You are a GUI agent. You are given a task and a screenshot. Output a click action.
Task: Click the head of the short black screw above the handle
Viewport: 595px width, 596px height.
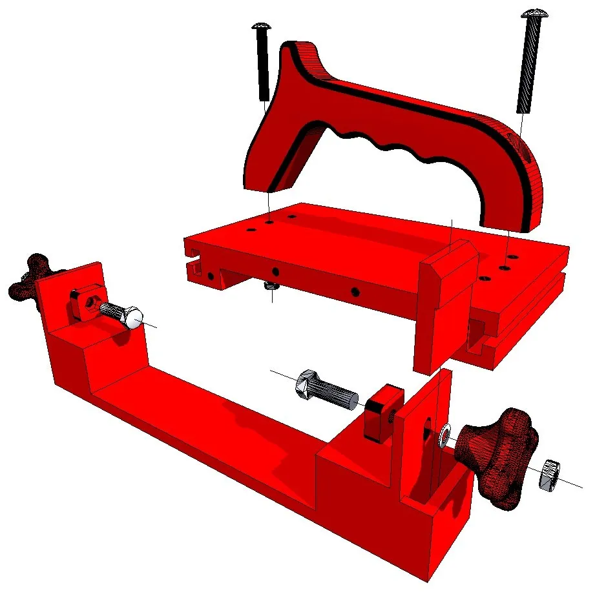click(x=261, y=27)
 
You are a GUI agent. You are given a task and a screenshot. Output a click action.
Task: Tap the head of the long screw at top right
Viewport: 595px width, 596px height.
click(x=534, y=15)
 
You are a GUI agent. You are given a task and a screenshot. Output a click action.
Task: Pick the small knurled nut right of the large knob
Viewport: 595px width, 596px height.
click(x=549, y=475)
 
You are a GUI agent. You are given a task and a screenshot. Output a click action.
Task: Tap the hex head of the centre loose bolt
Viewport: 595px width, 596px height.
click(x=305, y=386)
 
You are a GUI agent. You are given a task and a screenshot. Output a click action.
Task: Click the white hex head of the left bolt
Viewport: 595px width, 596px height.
click(x=133, y=317)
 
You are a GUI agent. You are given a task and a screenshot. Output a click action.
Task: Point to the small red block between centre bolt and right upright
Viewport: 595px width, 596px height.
click(x=382, y=411)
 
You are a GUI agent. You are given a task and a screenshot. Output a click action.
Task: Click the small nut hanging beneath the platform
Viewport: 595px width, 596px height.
click(x=271, y=286)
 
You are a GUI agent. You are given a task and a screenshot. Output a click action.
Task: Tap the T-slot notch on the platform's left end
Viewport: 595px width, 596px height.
click(x=193, y=263)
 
